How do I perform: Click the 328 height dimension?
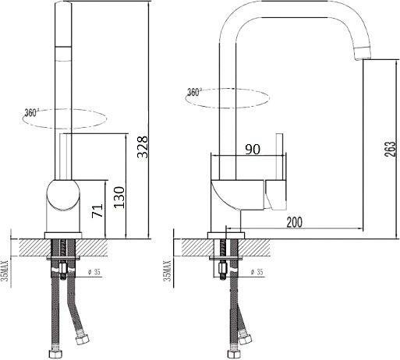point(142,146)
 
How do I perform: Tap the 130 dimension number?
point(119,197)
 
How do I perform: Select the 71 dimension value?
point(97,210)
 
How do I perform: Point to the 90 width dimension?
point(253,149)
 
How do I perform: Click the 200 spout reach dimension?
point(295,222)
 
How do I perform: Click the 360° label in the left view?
point(31,113)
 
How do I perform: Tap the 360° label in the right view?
point(194,92)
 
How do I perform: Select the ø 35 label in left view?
point(94,272)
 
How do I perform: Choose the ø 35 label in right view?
point(257,272)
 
